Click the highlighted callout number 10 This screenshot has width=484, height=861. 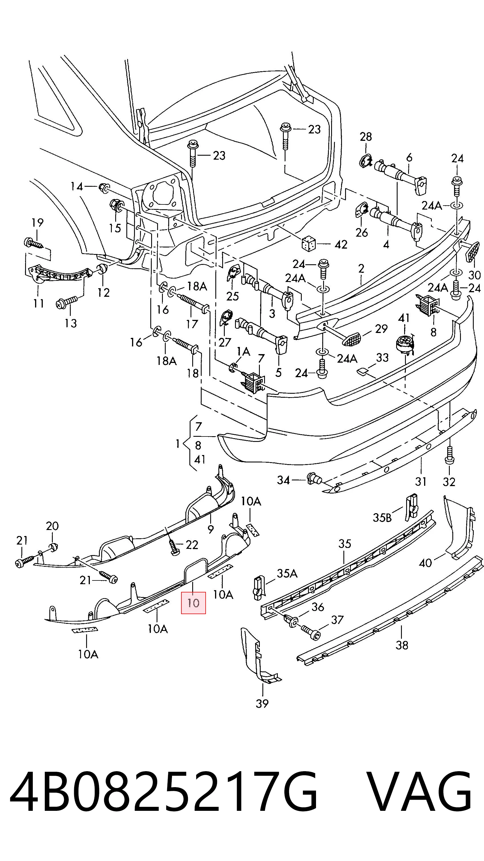click(x=193, y=603)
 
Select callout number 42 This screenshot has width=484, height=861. click(x=341, y=244)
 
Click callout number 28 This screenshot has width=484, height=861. click(x=366, y=136)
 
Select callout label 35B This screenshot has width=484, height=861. click(x=382, y=518)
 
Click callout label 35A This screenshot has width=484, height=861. click(x=287, y=574)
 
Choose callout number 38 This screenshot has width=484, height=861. click(x=402, y=645)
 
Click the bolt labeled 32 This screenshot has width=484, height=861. click(x=449, y=455)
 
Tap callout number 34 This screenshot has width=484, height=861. click(x=283, y=480)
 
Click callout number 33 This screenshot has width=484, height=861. click(x=382, y=357)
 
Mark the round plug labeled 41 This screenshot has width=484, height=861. click(x=405, y=345)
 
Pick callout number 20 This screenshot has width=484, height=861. click(x=52, y=526)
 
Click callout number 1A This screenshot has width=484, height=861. click(x=243, y=351)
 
